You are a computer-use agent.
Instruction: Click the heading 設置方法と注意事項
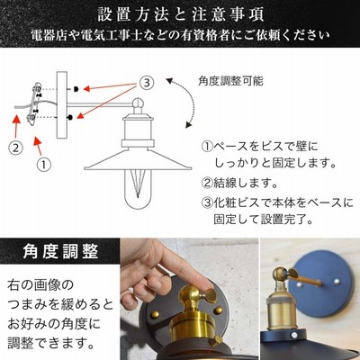click(x=181, y=15)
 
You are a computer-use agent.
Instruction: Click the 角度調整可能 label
click(x=230, y=81)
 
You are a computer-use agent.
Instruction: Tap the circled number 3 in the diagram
click(x=147, y=82)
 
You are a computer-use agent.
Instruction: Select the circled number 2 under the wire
click(x=15, y=148)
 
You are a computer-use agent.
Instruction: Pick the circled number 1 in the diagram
click(x=44, y=165)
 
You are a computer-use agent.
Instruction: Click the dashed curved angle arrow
click(x=192, y=102)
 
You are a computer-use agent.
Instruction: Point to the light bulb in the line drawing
click(x=138, y=189)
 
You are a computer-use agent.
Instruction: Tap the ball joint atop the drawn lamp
click(x=139, y=103)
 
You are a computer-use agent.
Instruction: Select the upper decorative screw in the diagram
click(x=76, y=89)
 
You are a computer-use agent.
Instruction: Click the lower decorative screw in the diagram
click(x=70, y=117)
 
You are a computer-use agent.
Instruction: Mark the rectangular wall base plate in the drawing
click(x=62, y=105)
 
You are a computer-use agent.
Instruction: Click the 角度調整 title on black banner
click(x=60, y=251)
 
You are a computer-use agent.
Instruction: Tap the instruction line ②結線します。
click(x=239, y=183)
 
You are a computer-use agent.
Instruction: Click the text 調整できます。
click(x=49, y=342)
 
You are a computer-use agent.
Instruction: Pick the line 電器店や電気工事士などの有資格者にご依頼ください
click(x=181, y=36)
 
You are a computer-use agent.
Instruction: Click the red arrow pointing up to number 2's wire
click(x=16, y=125)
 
